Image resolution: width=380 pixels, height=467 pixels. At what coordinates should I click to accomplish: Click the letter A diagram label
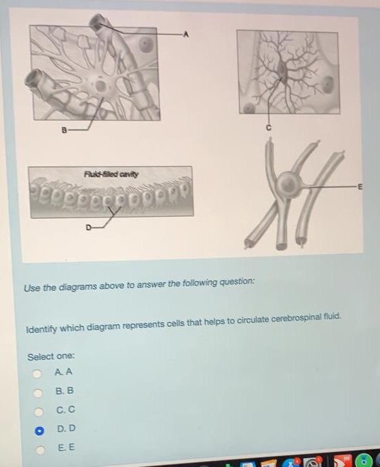[x=186, y=35]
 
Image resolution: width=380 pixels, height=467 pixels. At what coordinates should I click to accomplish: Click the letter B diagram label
[x=64, y=130]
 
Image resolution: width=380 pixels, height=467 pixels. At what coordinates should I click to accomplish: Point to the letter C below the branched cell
[x=269, y=128]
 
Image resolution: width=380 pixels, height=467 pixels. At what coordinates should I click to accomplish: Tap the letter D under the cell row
[x=88, y=228]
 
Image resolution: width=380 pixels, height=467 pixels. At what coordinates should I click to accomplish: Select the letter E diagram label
[x=360, y=187]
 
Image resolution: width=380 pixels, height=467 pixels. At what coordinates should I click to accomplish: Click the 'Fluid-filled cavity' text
[x=111, y=174]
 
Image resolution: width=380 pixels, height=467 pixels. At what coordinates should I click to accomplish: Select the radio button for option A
[x=37, y=373]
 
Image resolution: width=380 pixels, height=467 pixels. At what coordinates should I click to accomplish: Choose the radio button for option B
[x=38, y=393]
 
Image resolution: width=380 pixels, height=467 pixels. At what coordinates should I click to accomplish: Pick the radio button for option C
[x=39, y=412]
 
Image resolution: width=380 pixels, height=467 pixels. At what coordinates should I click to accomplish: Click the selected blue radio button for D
[x=39, y=431]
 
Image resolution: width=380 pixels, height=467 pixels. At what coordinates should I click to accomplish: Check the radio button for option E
[x=40, y=450]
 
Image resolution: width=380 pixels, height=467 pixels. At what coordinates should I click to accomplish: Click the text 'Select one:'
[x=51, y=357]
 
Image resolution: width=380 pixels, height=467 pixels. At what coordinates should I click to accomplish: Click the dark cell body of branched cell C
[x=282, y=70]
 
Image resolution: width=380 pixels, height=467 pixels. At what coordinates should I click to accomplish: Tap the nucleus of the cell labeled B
[x=100, y=86]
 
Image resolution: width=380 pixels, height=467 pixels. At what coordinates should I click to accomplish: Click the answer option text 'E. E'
[x=66, y=447]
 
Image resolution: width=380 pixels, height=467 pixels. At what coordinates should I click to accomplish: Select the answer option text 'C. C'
[x=66, y=409]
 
